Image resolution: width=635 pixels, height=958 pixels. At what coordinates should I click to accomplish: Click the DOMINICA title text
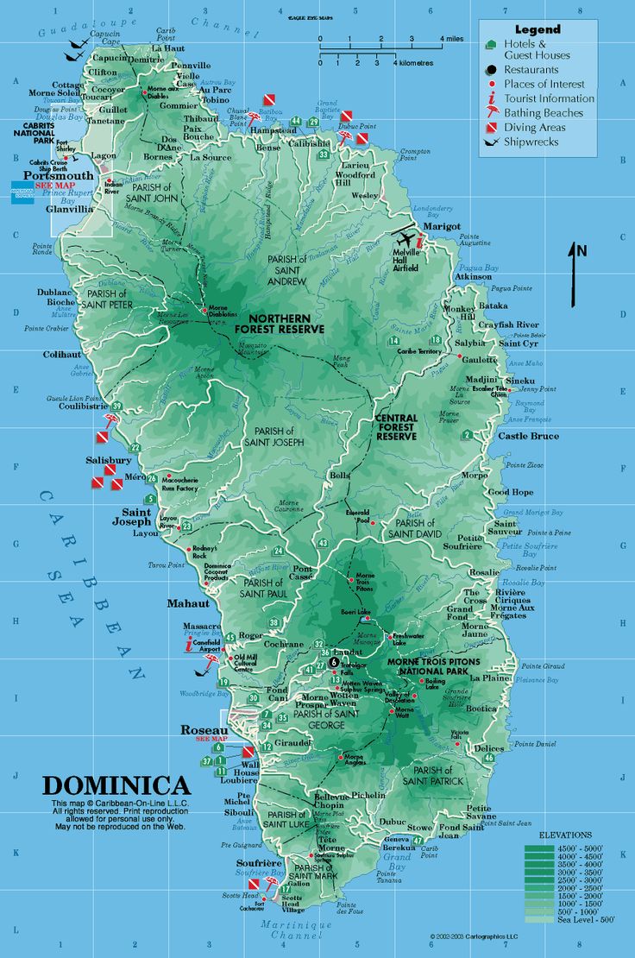pos(116,785)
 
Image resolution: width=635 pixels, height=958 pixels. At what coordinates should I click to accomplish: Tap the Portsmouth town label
pos(58,175)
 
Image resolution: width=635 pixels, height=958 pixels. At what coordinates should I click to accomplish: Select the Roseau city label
pos(204,729)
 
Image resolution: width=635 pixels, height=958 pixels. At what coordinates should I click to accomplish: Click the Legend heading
pos(538,29)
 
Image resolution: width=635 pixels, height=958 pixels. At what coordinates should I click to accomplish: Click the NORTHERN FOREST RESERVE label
pos(279,324)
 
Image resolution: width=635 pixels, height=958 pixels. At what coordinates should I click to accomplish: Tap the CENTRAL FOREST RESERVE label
pos(396,427)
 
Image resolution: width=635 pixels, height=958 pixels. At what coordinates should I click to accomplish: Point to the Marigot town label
pos(442,226)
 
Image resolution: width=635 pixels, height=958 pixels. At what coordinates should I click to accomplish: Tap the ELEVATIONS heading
pos(565,835)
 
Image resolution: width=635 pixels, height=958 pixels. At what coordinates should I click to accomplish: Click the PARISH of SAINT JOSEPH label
pos(273,437)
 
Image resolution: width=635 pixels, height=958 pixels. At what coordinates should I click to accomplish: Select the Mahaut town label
pos(189,602)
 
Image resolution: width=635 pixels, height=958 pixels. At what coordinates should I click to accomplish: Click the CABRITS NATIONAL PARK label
pos(32,132)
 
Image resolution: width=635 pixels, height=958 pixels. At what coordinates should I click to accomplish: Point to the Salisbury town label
pos(108,460)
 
